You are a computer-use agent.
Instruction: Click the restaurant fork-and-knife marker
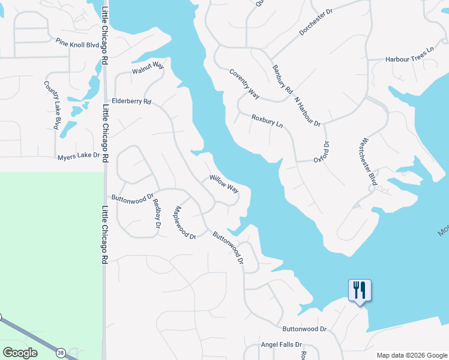coord(360,290)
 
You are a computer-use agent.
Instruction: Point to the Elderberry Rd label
coord(131,101)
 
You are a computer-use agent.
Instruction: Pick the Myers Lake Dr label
coord(78,156)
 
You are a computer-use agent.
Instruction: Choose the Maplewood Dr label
coord(184,223)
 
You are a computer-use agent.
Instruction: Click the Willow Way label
coord(224,184)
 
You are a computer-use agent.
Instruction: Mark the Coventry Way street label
coord(244,83)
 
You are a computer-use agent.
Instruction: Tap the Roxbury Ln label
coord(267,121)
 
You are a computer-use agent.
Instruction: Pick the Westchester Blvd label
coord(368,162)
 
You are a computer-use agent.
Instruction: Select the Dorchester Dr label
coord(316,23)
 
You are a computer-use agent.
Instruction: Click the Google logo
coord(19,352)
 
